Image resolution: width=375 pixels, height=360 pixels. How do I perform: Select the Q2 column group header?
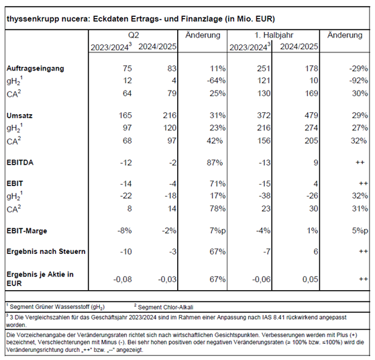(x=133, y=35)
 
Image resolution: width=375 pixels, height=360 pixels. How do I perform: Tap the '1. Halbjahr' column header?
(x=274, y=35)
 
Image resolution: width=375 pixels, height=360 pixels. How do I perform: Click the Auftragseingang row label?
(x=36, y=69)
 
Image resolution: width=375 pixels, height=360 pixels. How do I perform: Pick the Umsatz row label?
(x=19, y=116)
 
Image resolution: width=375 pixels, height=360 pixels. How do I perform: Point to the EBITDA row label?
(x=20, y=163)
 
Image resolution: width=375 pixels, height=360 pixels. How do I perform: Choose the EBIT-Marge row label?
(x=27, y=231)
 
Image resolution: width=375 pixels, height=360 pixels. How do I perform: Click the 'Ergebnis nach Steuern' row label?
(x=46, y=251)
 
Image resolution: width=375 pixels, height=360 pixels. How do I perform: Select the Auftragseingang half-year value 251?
(x=264, y=69)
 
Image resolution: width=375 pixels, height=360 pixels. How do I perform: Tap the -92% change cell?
(x=358, y=81)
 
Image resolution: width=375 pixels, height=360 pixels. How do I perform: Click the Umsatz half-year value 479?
(x=311, y=116)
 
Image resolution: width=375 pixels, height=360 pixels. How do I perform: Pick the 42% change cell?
(x=215, y=140)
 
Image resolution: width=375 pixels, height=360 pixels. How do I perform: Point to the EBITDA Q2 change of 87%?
(x=215, y=163)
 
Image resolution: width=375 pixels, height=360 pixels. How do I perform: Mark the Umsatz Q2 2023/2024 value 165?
(x=125, y=116)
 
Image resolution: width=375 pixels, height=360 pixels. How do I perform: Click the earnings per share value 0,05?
(x=310, y=279)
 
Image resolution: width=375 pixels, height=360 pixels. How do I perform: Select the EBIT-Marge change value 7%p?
(x=217, y=231)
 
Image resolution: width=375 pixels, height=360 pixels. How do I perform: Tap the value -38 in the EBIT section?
(x=265, y=196)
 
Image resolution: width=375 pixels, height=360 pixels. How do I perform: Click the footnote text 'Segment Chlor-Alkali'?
(x=166, y=308)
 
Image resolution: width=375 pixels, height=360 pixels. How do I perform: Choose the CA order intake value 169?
(x=311, y=93)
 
